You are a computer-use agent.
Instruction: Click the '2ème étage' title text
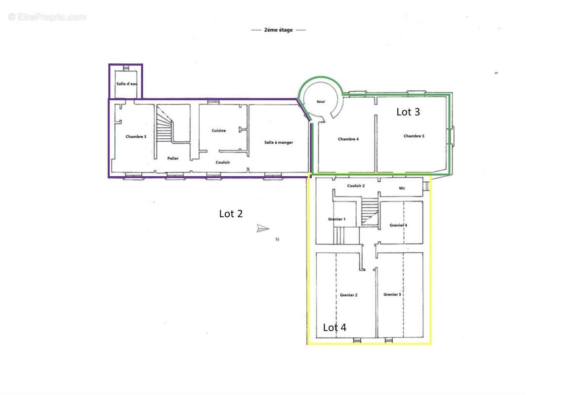tap(279, 30)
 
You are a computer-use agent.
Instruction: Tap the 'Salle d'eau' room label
tap(127, 83)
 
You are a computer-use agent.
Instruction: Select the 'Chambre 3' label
tap(136, 136)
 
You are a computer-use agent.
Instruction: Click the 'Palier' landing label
tap(173, 158)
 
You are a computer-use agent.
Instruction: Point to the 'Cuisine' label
tap(218, 130)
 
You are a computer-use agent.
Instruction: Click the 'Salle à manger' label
tap(279, 142)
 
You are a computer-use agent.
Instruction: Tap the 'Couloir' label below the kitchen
tap(223, 162)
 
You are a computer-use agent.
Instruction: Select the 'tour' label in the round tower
tap(321, 101)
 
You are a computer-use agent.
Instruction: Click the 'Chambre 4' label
tap(348, 139)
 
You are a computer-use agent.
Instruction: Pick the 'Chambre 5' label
tap(414, 136)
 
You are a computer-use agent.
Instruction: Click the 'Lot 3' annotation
tap(408, 112)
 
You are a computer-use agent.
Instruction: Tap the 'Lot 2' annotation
tap(231, 214)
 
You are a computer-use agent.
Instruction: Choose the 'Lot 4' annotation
tap(334, 327)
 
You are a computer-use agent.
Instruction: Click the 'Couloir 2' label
tap(356, 186)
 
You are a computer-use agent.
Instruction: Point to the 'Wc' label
tap(402, 189)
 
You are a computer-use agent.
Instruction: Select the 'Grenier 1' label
tap(336, 219)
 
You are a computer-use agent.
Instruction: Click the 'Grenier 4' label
tap(398, 225)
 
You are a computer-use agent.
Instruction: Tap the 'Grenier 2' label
tap(348, 295)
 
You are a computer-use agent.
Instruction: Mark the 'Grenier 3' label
tap(392, 294)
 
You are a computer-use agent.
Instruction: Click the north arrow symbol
tap(262, 228)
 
